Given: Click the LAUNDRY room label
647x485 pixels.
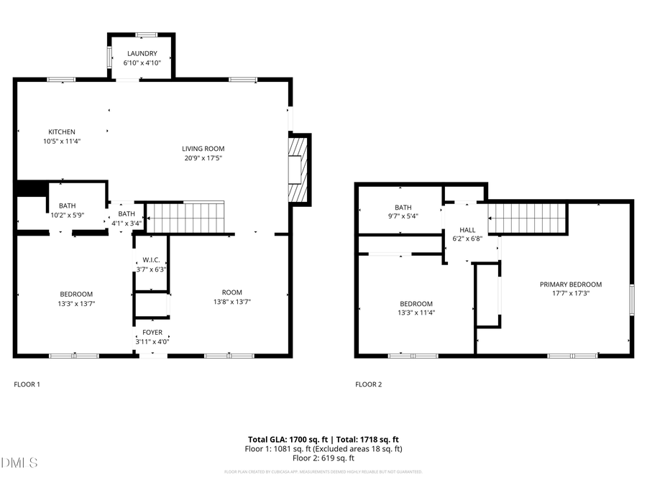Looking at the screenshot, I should click(x=142, y=54).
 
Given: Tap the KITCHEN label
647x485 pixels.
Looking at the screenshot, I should click(x=62, y=131).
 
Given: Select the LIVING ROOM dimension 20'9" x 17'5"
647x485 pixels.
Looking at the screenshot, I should click(x=202, y=158).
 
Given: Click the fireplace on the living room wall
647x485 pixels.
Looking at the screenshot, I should click(x=297, y=170).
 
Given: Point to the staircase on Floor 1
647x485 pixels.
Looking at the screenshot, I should click(x=185, y=218).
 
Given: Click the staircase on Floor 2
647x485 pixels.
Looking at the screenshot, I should click(x=528, y=218).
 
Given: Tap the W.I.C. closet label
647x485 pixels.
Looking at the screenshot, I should click(x=151, y=260).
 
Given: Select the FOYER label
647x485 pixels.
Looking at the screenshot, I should click(x=152, y=333).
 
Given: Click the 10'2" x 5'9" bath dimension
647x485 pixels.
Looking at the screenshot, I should click(x=68, y=215).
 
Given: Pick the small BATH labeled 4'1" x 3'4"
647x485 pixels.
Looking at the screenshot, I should click(x=127, y=213).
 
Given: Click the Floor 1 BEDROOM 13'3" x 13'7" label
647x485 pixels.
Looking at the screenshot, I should click(x=75, y=294).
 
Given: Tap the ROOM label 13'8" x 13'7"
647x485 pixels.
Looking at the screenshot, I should click(x=231, y=292).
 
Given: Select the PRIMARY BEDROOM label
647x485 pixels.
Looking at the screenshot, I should click(x=571, y=285).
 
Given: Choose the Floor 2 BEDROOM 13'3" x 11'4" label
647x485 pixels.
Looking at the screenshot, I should click(x=416, y=303).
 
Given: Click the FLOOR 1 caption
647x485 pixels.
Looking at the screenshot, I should click(x=27, y=384).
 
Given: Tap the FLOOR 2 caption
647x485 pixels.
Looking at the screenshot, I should click(x=368, y=384).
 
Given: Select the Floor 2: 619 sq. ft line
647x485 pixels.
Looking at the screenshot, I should click(x=323, y=458).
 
